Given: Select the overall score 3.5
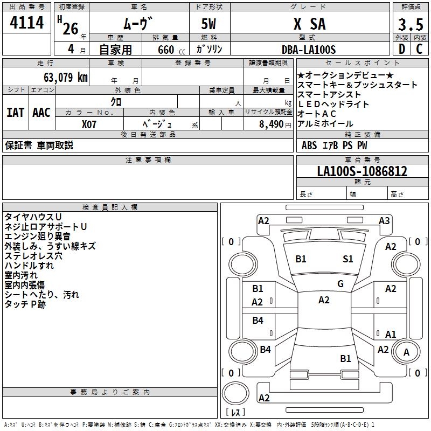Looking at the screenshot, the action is [x=410, y=25].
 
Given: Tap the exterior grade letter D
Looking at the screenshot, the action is [x=401, y=49].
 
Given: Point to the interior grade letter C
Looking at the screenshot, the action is [x=419, y=49].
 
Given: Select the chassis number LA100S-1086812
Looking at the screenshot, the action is [x=362, y=171].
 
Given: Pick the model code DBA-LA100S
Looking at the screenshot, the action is [x=309, y=50].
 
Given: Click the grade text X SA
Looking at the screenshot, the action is [x=309, y=24].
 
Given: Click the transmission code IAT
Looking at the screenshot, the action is [x=15, y=113].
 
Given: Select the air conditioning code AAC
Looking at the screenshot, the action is [x=41, y=113].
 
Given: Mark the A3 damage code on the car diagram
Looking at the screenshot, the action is [x=384, y=220].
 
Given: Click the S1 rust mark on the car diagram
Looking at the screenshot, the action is [x=348, y=259].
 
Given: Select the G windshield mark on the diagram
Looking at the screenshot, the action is [x=340, y=284].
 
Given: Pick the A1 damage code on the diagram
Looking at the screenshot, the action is [x=391, y=334].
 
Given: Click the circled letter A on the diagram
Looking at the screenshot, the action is [x=407, y=352].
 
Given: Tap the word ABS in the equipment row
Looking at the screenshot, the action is [x=309, y=145].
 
